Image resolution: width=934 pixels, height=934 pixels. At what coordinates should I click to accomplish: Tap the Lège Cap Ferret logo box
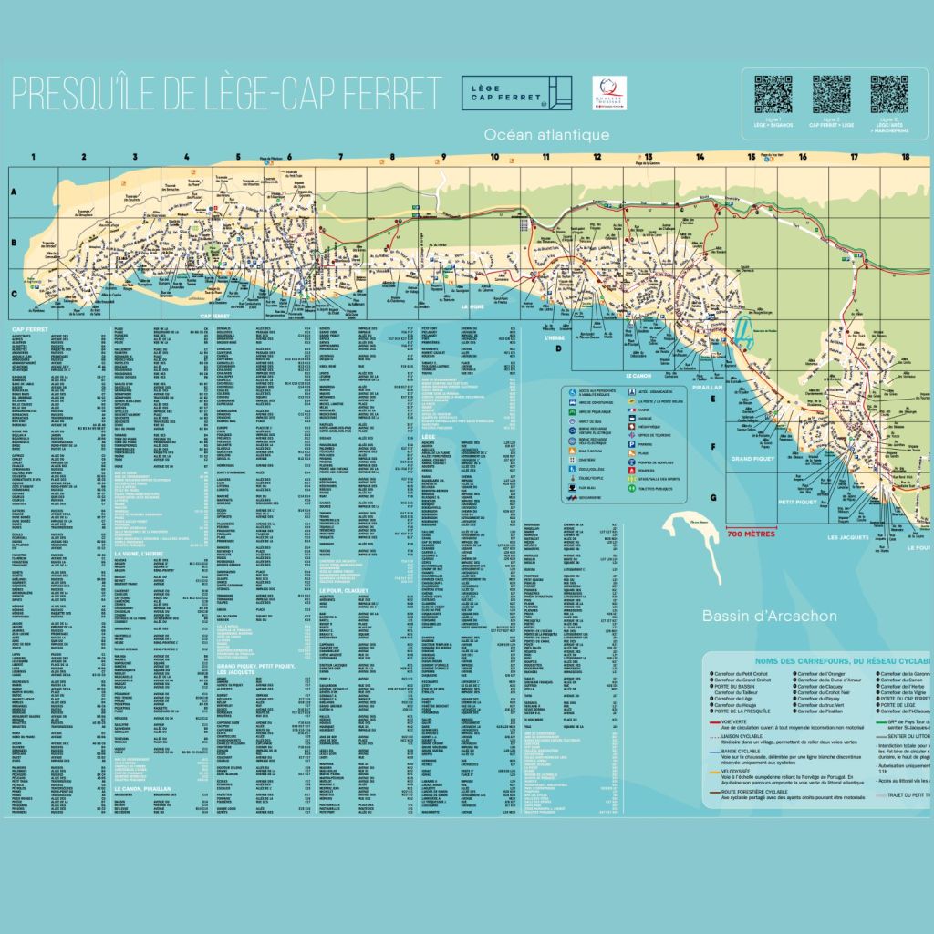[x=516, y=93]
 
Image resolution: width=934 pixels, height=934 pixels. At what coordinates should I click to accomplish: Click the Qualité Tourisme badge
[x=605, y=92]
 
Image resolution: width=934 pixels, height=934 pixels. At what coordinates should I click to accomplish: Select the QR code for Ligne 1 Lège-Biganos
[x=772, y=94]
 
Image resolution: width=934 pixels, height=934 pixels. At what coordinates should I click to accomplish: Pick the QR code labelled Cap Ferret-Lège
[x=831, y=94]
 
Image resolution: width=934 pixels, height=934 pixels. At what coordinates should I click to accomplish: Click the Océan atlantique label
[x=546, y=135]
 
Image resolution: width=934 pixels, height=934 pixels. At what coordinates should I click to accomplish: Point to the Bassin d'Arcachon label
[x=769, y=616]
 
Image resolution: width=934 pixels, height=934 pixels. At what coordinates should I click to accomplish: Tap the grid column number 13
[x=649, y=157]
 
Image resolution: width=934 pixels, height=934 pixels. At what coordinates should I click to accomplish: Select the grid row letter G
[x=712, y=498]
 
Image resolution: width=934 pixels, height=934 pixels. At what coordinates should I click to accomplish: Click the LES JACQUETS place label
[x=848, y=537]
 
